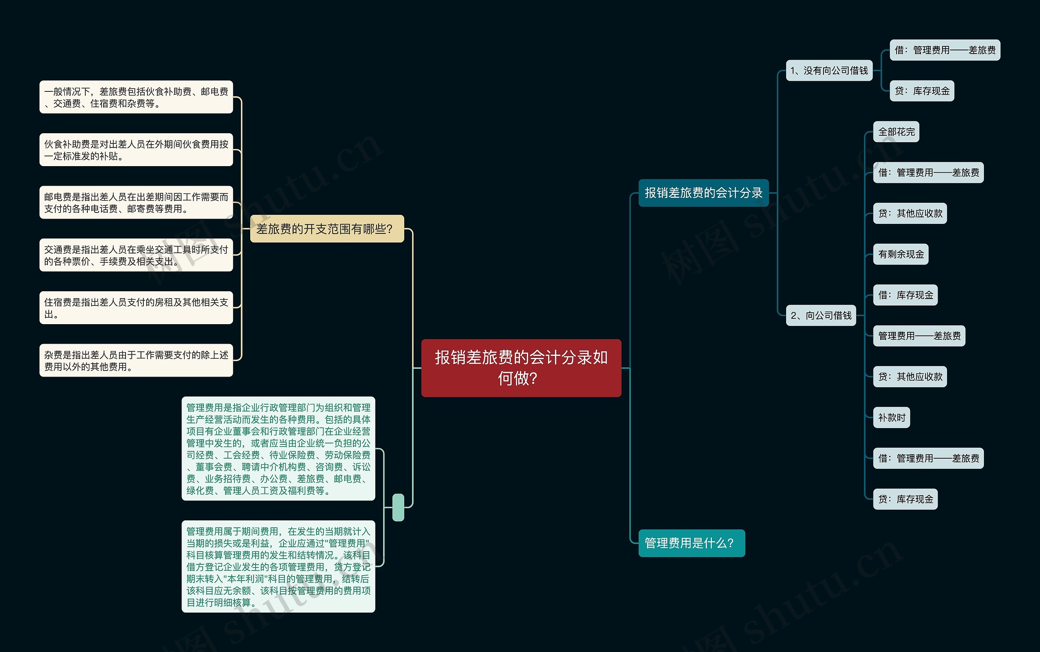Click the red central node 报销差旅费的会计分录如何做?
pos(521,368)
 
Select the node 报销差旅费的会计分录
pos(703,193)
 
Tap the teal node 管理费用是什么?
pos(691,543)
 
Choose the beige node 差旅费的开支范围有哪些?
pos(327,229)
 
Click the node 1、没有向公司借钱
pos(829,70)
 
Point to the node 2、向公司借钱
pos(821,315)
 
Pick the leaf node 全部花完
pos(896,132)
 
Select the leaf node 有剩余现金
pos(901,254)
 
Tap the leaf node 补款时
pos(891,418)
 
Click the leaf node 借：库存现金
pos(905,295)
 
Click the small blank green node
pos(398,507)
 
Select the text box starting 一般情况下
pos(136,97)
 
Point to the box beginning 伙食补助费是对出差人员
pos(136,149)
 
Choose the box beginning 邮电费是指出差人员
pos(136,202)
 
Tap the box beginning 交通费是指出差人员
pos(136,255)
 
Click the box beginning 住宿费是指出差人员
pos(136,308)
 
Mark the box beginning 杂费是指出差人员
pos(136,360)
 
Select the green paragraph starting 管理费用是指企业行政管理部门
pos(278,448)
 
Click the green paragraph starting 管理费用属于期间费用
pos(278,566)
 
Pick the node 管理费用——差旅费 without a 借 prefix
pos(919,336)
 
